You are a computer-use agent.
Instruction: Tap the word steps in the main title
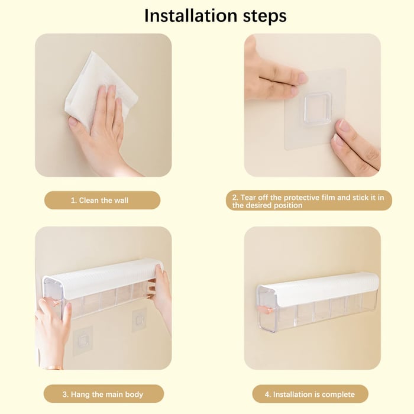click(x=260, y=17)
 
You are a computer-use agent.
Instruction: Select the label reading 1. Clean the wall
click(x=99, y=200)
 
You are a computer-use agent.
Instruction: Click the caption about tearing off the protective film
click(x=309, y=201)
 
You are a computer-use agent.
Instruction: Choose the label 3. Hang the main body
click(x=103, y=394)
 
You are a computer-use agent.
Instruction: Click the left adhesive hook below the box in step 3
click(x=82, y=339)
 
